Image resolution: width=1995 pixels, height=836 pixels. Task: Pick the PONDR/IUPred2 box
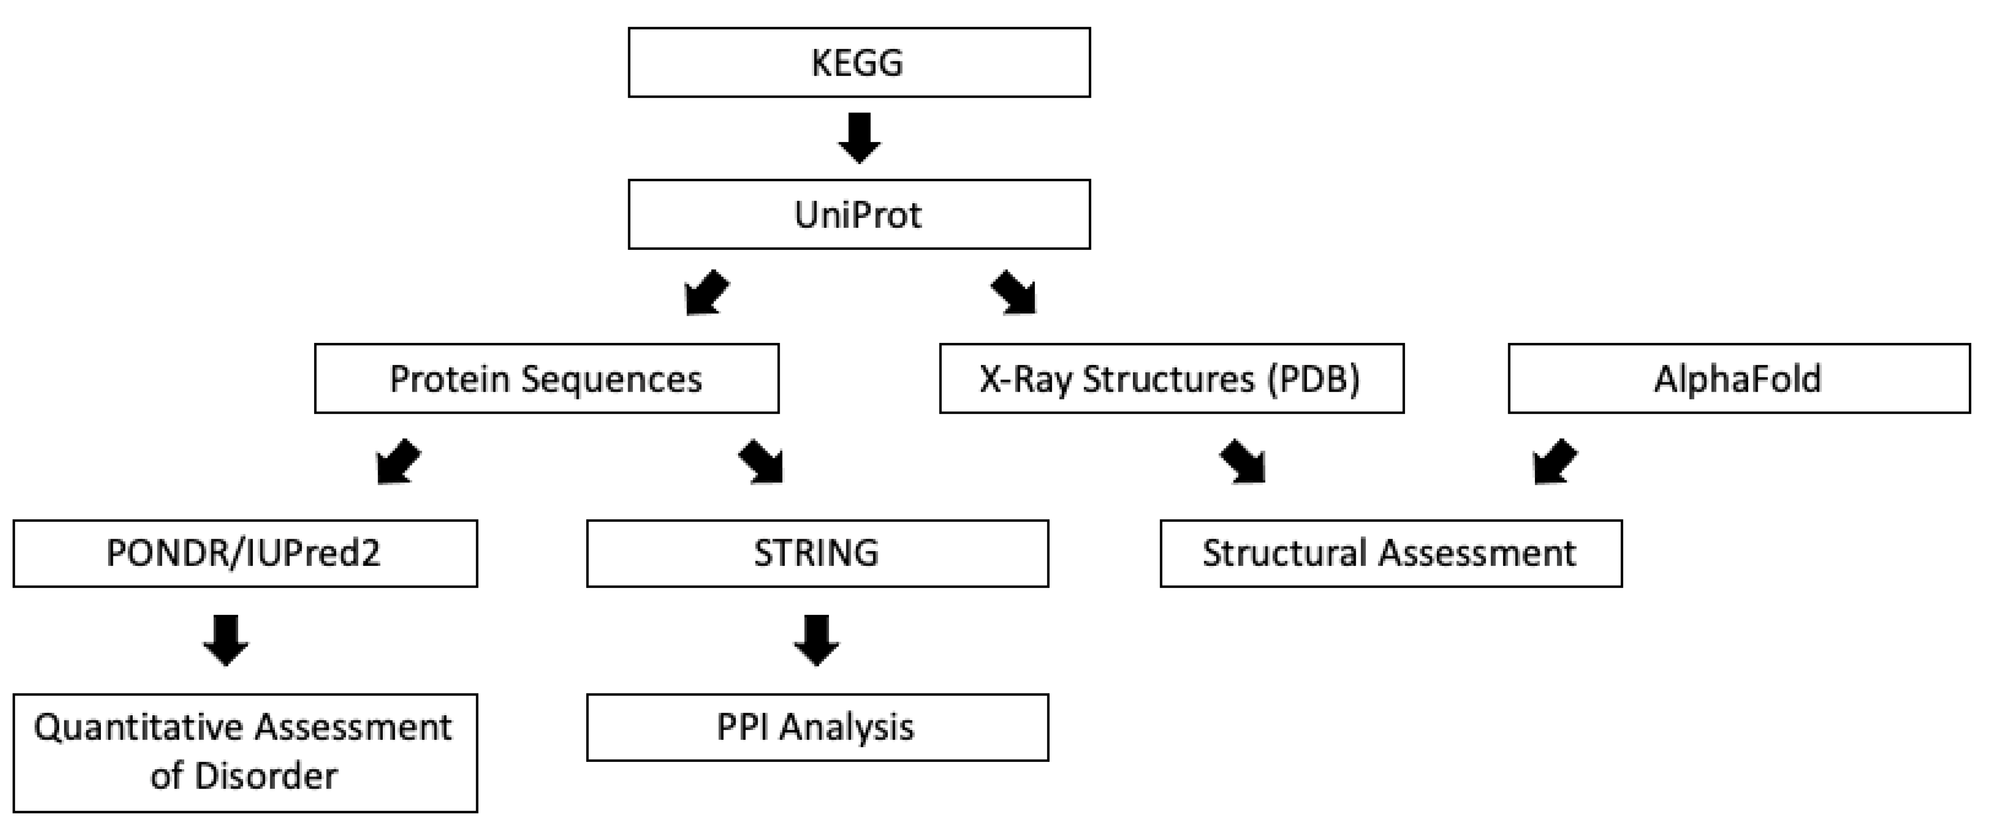(x=245, y=553)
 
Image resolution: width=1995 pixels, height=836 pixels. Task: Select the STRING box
(x=817, y=553)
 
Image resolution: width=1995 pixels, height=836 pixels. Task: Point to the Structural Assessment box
(x=1390, y=553)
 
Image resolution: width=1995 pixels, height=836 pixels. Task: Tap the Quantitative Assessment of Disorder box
(x=245, y=752)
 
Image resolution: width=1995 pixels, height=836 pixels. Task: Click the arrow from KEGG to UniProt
(x=859, y=138)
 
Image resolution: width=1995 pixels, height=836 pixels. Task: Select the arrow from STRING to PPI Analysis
(x=817, y=640)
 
